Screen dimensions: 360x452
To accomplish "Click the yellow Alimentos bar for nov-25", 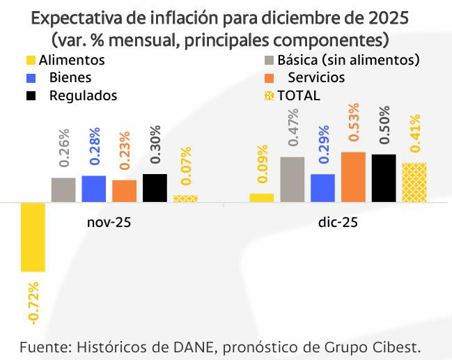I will tap(33, 237).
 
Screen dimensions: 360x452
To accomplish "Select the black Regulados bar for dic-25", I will tap(383, 178).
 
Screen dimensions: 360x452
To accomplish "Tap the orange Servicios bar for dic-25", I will tap(353, 177).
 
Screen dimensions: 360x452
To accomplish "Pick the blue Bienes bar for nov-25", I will tap(93, 189).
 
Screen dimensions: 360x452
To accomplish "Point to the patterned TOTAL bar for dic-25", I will tap(414, 182).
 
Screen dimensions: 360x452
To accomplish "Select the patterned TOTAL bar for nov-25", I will tap(185, 198).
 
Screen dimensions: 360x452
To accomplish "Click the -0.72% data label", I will tap(33, 304).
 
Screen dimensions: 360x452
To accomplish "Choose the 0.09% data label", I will tap(262, 167).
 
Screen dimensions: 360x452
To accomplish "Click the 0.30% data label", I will tap(155, 147).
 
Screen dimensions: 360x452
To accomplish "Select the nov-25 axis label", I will tap(109, 223).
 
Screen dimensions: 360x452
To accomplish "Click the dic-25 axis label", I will tap(338, 223).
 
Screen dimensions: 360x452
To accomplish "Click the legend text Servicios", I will tap(316, 77).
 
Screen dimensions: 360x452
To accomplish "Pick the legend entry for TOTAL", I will tap(298, 95).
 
